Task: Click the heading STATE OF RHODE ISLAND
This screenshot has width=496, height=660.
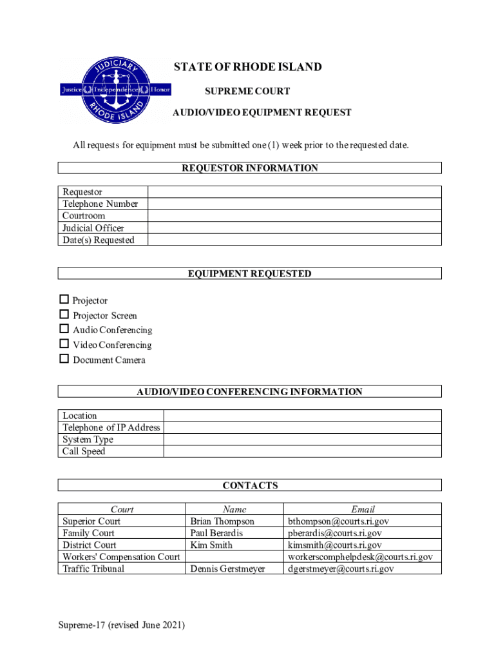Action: (248, 68)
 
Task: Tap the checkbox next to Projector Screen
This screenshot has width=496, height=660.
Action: (64, 315)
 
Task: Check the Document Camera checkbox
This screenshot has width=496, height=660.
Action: (64, 359)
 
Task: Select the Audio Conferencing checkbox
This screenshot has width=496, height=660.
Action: (64, 329)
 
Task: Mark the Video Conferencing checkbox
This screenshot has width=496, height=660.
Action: (64, 344)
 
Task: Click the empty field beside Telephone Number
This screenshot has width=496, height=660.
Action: (294, 204)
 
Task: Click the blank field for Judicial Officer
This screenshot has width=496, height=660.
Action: (294, 228)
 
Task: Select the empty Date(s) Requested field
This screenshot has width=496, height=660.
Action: (294, 240)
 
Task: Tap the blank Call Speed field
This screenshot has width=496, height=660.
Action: (302, 451)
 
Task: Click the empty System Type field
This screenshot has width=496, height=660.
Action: (302, 440)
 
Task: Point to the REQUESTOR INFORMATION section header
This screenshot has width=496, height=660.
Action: (249, 168)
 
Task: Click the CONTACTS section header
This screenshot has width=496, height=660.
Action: (250, 485)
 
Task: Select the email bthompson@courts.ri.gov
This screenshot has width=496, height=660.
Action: (338, 521)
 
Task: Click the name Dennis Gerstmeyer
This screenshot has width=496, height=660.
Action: (227, 568)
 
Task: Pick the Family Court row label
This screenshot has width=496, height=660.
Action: (88, 533)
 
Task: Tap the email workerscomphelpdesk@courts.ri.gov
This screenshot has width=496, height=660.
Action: (360, 557)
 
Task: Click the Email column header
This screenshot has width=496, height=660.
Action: (363, 509)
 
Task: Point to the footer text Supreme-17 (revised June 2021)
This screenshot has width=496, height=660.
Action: (121, 625)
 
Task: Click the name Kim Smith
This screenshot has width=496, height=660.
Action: (211, 545)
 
